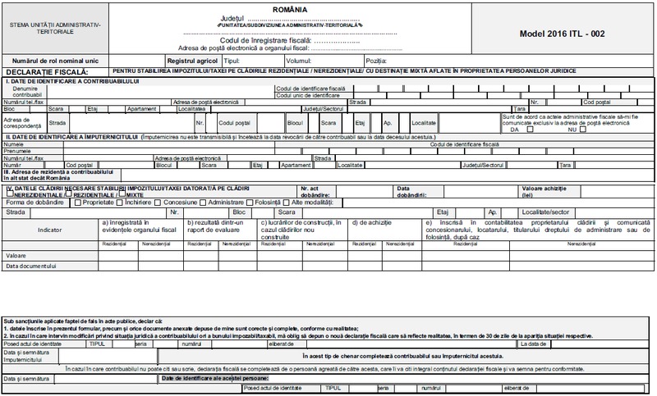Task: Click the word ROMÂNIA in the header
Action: pyautogui.click(x=328, y=5)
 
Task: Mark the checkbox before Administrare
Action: pyautogui.click(x=204, y=202)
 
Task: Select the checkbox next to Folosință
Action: pyautogui.click(x=247, y=202)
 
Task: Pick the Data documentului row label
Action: pyautogui.click(x=30, y=266)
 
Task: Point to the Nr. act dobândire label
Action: pyautogui.click(x=315, y=191)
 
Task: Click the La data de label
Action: pyautogui.click(x=538, y=343)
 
